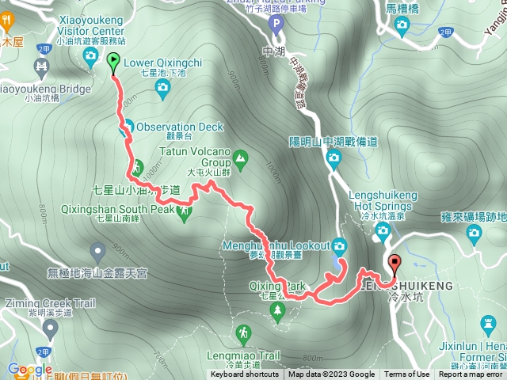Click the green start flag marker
(112, 60)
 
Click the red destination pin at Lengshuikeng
(394, 262)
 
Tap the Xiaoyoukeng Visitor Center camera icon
(90, 55)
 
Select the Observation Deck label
(179, 127)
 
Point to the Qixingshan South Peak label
(117, 210)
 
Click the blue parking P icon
(276, 24)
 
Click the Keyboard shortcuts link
(244, 374)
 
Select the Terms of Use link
(407, 374)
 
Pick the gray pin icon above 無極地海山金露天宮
(97, 253)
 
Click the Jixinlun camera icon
(489, 324)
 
